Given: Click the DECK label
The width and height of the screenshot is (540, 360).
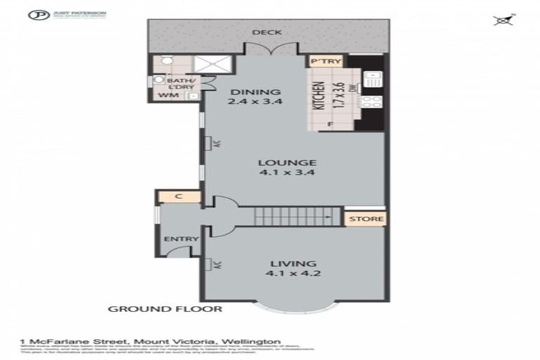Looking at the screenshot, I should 262,32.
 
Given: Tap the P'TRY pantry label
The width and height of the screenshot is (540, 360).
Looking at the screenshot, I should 326,61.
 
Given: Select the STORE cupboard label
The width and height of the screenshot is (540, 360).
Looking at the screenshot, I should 366,219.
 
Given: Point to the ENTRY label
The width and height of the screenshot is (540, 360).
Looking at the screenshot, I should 176,239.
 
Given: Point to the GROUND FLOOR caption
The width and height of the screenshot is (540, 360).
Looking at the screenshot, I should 165,309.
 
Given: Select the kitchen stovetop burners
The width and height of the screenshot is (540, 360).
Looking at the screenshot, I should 373,101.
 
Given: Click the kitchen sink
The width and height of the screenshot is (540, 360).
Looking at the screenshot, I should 373,78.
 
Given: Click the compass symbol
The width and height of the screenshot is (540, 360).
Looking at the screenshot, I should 502,20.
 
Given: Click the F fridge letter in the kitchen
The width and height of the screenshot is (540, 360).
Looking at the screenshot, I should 330,125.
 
